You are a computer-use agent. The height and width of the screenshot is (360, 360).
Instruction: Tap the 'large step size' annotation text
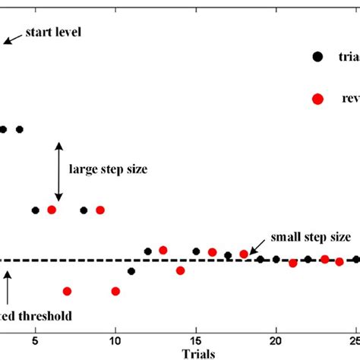pyautogui.click(x=108, y=170)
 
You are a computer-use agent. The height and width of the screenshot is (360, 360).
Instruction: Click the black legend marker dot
pyautogui.click(x=317, y=55)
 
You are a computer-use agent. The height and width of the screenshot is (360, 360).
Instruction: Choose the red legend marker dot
pyautogui.click(x=317, y=99)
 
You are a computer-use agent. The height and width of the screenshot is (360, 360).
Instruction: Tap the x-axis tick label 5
pyautogui.click(x=35, y=339)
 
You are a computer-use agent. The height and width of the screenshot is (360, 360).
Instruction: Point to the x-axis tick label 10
pyautogui.click(x=115, y=339)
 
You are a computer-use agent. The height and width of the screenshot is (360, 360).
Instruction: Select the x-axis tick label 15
pyautogui.click(x=196, y=339)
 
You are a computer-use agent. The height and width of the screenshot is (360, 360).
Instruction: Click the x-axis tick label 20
pyautogui.click(x=276, y=339)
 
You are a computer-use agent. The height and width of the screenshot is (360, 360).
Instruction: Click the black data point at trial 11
pyautogui.click(x=131, y=270)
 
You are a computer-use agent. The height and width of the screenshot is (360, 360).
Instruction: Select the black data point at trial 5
pyautogui.click(x=35, y=210)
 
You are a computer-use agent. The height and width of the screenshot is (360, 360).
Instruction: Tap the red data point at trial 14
pyautogui.click(x=180, y=270)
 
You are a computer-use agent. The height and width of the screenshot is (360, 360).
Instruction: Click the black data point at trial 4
pyautogui.click(x=19, y=129)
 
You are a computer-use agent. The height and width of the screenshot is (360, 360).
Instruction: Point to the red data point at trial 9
pyautogui.click(x=99, y=210)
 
